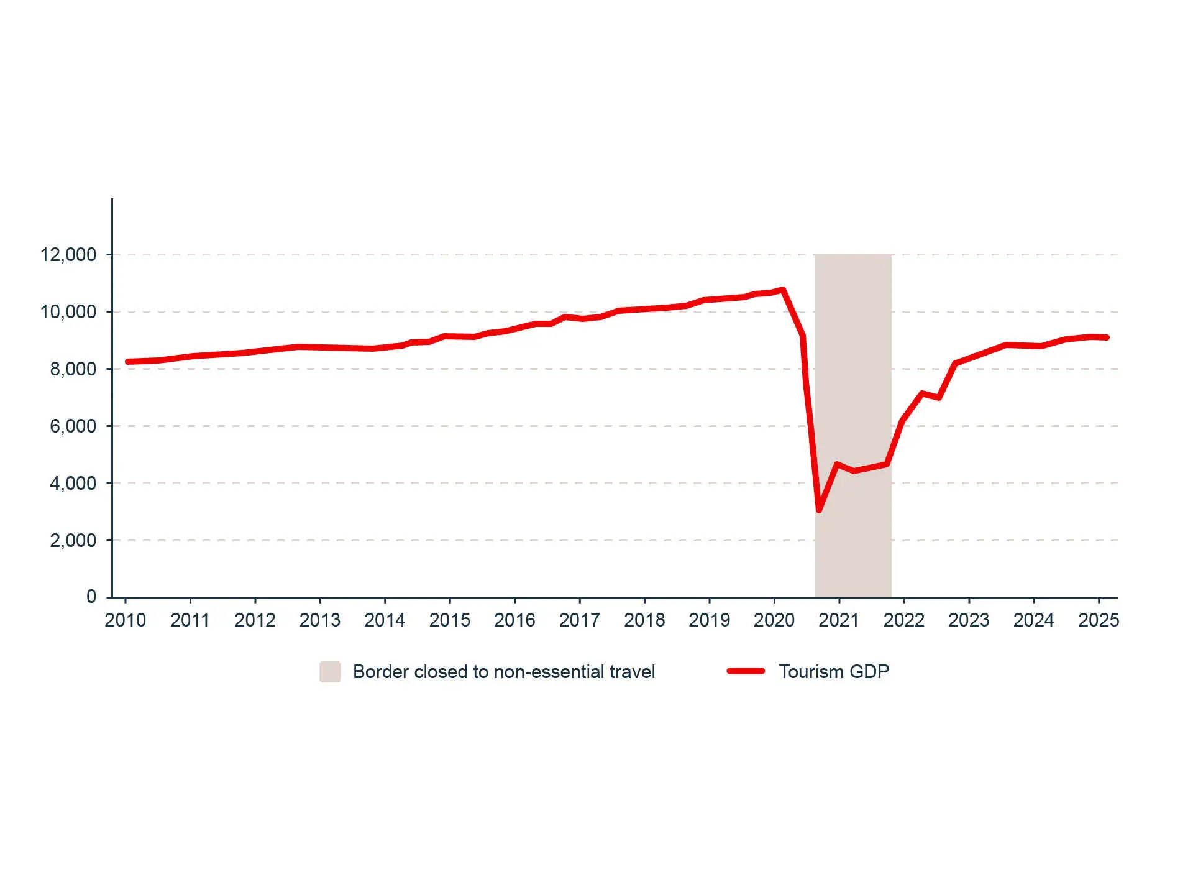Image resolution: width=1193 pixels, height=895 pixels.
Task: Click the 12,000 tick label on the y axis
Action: point(68,255)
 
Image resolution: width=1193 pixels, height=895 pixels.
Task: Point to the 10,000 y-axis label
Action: point(68,312)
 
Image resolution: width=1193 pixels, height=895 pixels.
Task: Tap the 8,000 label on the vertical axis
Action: point(73,369)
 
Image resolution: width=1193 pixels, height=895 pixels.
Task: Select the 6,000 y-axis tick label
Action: point(73,426)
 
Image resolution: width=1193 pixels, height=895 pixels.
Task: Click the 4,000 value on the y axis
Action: point(73,484)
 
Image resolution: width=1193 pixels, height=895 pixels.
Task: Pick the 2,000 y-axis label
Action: point(73,541)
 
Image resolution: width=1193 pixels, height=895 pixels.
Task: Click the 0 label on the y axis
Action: point(91,597)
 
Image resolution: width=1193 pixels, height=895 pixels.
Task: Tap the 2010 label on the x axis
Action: point(126,620)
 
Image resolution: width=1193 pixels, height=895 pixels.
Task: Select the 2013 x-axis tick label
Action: point(320,620)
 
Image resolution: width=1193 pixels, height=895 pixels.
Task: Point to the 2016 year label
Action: point(514,620)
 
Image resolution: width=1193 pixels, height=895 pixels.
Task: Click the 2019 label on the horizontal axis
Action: point(709,620)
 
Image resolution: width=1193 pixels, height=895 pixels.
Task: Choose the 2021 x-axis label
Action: point(839,620)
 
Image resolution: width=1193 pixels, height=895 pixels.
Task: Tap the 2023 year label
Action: point(969,620)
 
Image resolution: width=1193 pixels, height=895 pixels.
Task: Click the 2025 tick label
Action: point(1099,620)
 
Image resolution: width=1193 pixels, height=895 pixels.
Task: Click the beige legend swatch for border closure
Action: point(330,672)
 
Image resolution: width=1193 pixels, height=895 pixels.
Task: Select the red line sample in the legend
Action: point(746,671)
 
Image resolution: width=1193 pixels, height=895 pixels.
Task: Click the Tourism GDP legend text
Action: point(834,672)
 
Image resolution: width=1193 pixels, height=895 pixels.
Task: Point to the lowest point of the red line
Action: point(819,510)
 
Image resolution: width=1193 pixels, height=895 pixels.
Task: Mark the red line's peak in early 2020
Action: point(783,290)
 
